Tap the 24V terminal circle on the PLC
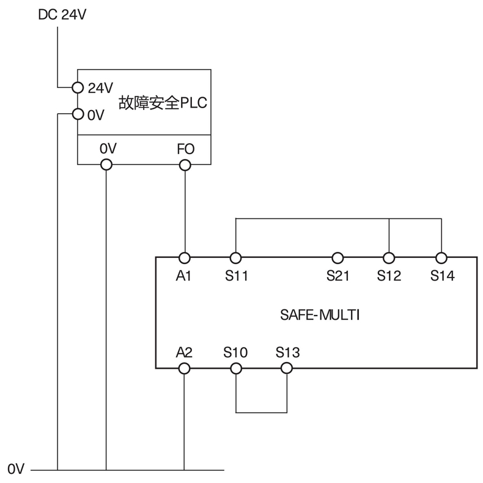(78, 87)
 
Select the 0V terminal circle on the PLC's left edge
(78, 114)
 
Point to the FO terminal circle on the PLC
(185, 164)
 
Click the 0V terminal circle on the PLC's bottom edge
(106, 164)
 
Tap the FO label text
(185, 149)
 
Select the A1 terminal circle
(185, 257)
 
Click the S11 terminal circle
(236, 257)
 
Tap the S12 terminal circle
(389, 257)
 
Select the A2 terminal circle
(185, 368)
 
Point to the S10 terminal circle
(236, 368)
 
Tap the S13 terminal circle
(287, 368)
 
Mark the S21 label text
(337, 276)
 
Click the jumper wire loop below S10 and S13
(262, 412)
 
